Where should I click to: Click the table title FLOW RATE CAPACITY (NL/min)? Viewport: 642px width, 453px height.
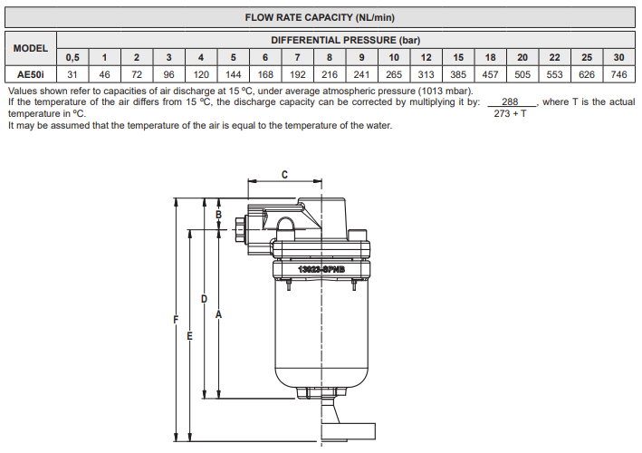[320, 18]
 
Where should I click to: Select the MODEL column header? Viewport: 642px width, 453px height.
[31, 48]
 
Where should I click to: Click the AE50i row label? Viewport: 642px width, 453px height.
[31, 74]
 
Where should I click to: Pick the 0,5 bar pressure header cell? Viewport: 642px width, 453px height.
[72, 57]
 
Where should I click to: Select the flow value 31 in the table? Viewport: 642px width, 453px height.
[72, 74]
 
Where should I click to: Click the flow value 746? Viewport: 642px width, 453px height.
[619, 74]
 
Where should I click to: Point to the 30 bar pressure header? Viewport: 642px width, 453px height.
[619, 57]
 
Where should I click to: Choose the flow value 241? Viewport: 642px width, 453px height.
[362, 74]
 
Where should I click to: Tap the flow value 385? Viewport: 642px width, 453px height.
[458, 74]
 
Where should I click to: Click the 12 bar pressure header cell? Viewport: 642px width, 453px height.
[426, 57]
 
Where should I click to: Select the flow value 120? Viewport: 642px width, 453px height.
[201, 74]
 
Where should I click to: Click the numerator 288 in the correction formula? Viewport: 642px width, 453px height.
[511, 102]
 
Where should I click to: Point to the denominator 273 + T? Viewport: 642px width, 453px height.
[511, 115]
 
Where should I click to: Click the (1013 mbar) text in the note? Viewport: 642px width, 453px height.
[445, 91]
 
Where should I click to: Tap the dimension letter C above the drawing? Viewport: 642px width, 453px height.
[285, 173]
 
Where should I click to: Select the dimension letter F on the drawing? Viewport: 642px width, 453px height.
[176, 318]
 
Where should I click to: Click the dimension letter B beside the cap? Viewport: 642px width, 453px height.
[218, 215]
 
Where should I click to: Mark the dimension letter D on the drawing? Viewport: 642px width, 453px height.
[204, 298]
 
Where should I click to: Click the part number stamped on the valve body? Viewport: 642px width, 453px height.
[321, 269]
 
